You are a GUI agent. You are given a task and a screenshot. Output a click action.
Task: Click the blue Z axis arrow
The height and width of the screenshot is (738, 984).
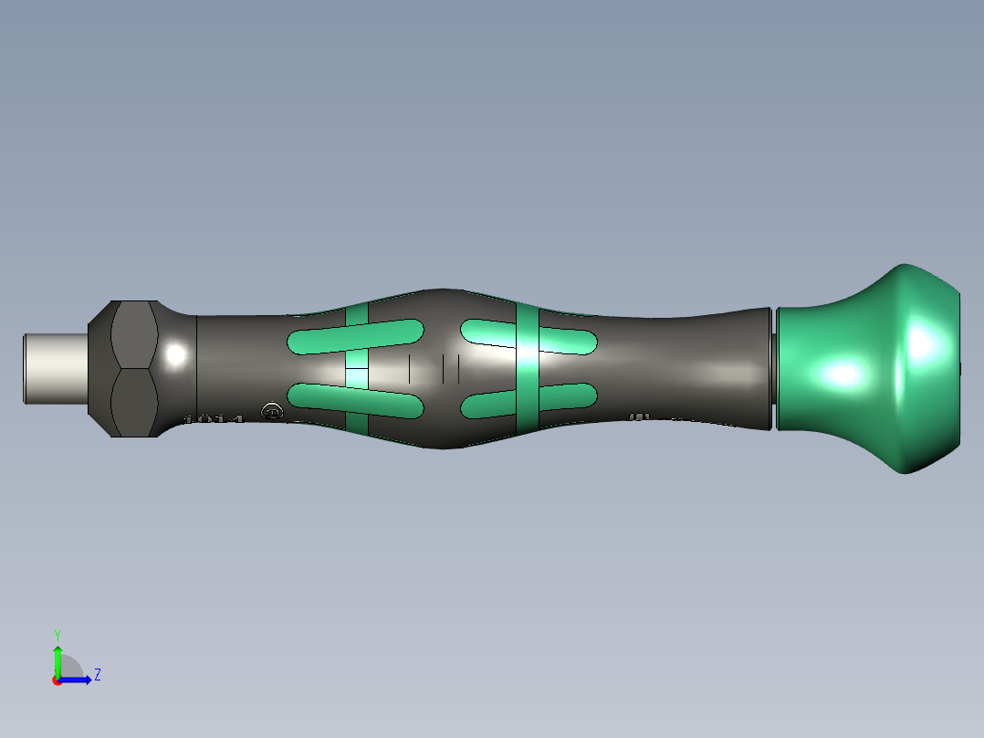[80, 680]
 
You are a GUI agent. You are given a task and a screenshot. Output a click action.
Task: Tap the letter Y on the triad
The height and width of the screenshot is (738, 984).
[57, 634]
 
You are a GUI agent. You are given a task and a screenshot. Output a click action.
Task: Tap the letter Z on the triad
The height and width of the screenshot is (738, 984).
[97, 675]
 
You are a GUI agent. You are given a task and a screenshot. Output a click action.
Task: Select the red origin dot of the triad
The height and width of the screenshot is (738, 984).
[57, 680]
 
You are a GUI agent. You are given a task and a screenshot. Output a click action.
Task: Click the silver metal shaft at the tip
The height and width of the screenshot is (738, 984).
[55, 368]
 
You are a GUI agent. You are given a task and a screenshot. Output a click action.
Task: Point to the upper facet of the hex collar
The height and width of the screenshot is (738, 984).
[134, 335]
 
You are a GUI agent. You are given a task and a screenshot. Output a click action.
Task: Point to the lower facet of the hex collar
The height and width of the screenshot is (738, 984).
[134, 402]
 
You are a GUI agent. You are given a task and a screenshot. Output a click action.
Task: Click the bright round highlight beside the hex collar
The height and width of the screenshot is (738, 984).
[176, 353]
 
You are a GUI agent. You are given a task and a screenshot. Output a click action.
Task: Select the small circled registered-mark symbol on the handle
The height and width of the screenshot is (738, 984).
[271, 411]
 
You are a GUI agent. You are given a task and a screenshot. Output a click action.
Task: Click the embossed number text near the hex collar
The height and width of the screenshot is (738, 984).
[215, 419]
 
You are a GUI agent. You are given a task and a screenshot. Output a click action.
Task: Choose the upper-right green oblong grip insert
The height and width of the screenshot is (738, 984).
[529, 335]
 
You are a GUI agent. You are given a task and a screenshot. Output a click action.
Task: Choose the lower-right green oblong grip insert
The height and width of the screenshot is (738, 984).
[529, 400]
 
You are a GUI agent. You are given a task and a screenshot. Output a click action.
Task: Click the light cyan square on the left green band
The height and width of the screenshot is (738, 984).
[356, 376]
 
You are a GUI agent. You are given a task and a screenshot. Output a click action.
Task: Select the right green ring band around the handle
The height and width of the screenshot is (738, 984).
[528, 368]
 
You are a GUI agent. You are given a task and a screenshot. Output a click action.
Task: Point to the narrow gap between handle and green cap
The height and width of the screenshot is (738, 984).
[773, 368]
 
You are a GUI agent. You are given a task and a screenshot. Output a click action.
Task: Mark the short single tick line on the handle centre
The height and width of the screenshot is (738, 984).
[410, 368]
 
